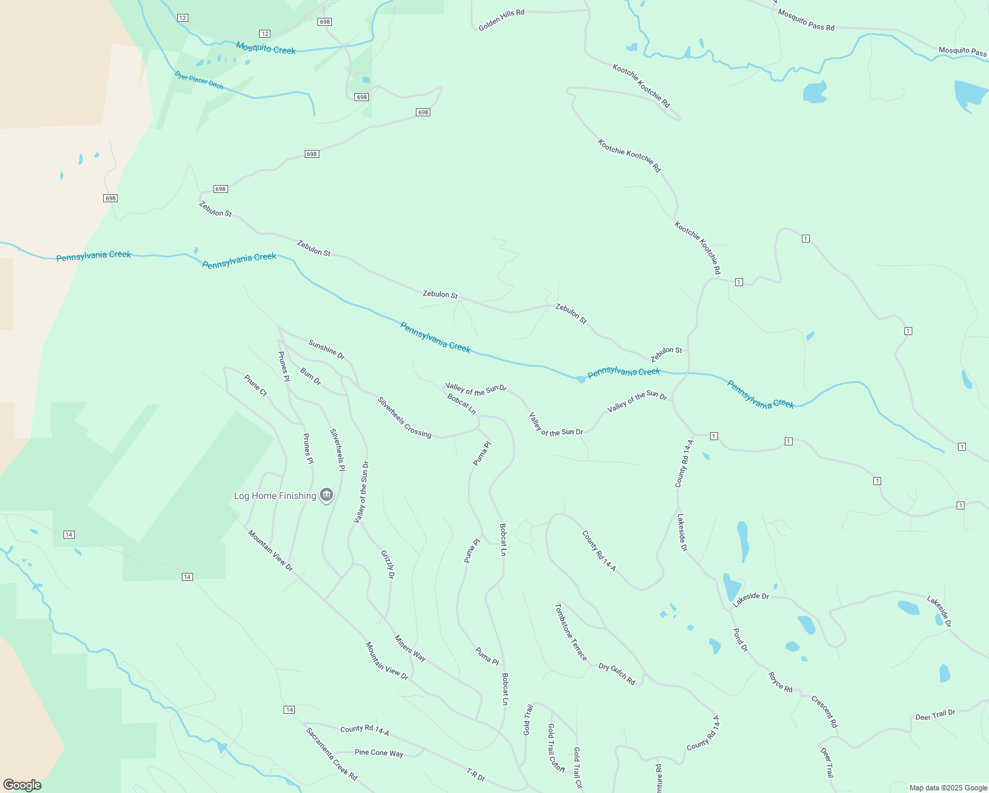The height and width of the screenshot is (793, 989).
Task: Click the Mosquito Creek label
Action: pyautogui.click(x=266, y=48)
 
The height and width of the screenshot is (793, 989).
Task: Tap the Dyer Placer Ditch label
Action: pyautogui.click(x=199, y=81)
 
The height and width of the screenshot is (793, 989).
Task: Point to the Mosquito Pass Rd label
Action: pyautogui.click(x=806, y=20)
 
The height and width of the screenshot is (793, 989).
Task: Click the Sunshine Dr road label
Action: pyautogui.click(x=327, y=350)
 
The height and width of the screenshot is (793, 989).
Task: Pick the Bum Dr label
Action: pyautogui.click(x=311, y=377)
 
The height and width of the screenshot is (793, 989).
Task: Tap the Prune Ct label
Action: pyautogui.click(x=255, y=385)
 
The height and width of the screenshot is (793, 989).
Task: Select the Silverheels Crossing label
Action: pyautogui.click(x=405, y=417)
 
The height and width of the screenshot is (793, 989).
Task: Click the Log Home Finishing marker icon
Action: pyautogui.click(x=326, y=495)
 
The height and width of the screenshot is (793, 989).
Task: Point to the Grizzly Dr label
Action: pyautogui.click(x=388, y=564)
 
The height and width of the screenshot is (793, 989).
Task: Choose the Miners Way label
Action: pyautogui.click(x=410, y=648)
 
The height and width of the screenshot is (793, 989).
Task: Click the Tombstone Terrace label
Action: pyautogui.click(x=571, y=632)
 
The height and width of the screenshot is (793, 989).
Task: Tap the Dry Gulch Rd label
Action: pyautogui.click(x=617, y=674)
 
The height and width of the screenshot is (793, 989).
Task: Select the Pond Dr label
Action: pyautogui.click(x=740, y=640)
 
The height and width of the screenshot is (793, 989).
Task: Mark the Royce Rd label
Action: pyautogui.click(x=780, y=681)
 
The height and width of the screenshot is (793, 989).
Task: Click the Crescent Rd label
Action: pyautogui.click(x=824, y=712)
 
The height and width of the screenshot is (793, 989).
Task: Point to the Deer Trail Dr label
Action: pyautogui.click(x=935, y=715)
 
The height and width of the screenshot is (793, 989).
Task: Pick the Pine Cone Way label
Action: pyautogui.click(x=379, y=753)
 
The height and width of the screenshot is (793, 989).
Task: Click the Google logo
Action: pyautogui.click(x=22, y=784)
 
